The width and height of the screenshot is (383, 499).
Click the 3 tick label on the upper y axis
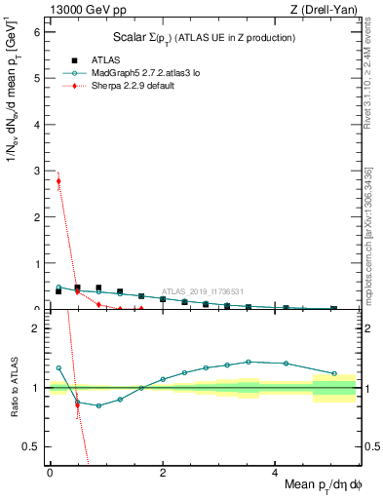coord(37,171)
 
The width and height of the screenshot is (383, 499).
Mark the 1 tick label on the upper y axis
coord(37,263)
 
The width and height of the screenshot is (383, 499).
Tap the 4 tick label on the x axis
coord(276,472)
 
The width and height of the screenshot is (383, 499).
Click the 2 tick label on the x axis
coord(163,472)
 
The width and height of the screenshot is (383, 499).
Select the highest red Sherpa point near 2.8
coord(58,180)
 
